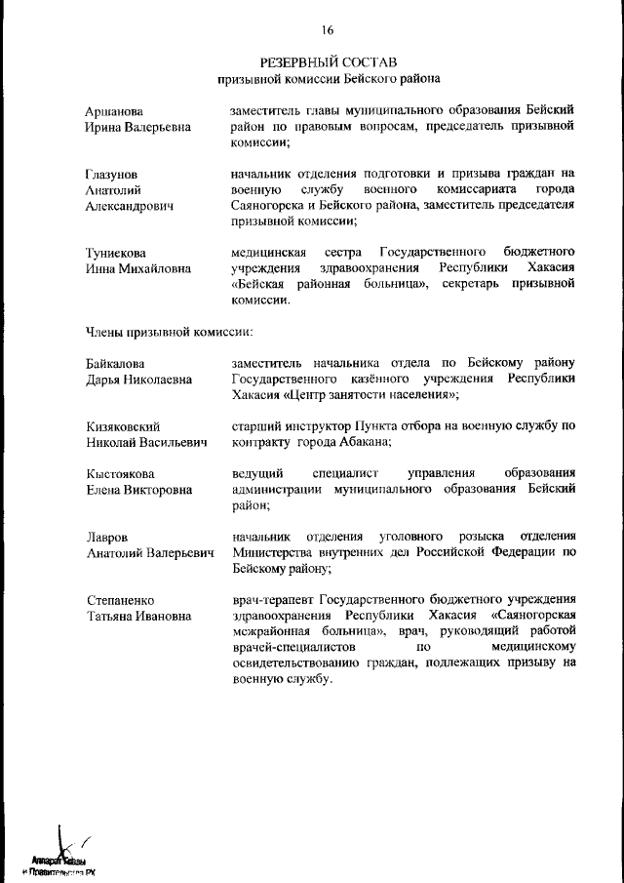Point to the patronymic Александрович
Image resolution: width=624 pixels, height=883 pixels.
click(x=129, y=208)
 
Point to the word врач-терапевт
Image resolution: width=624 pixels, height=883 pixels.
click(x=270, y=599)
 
